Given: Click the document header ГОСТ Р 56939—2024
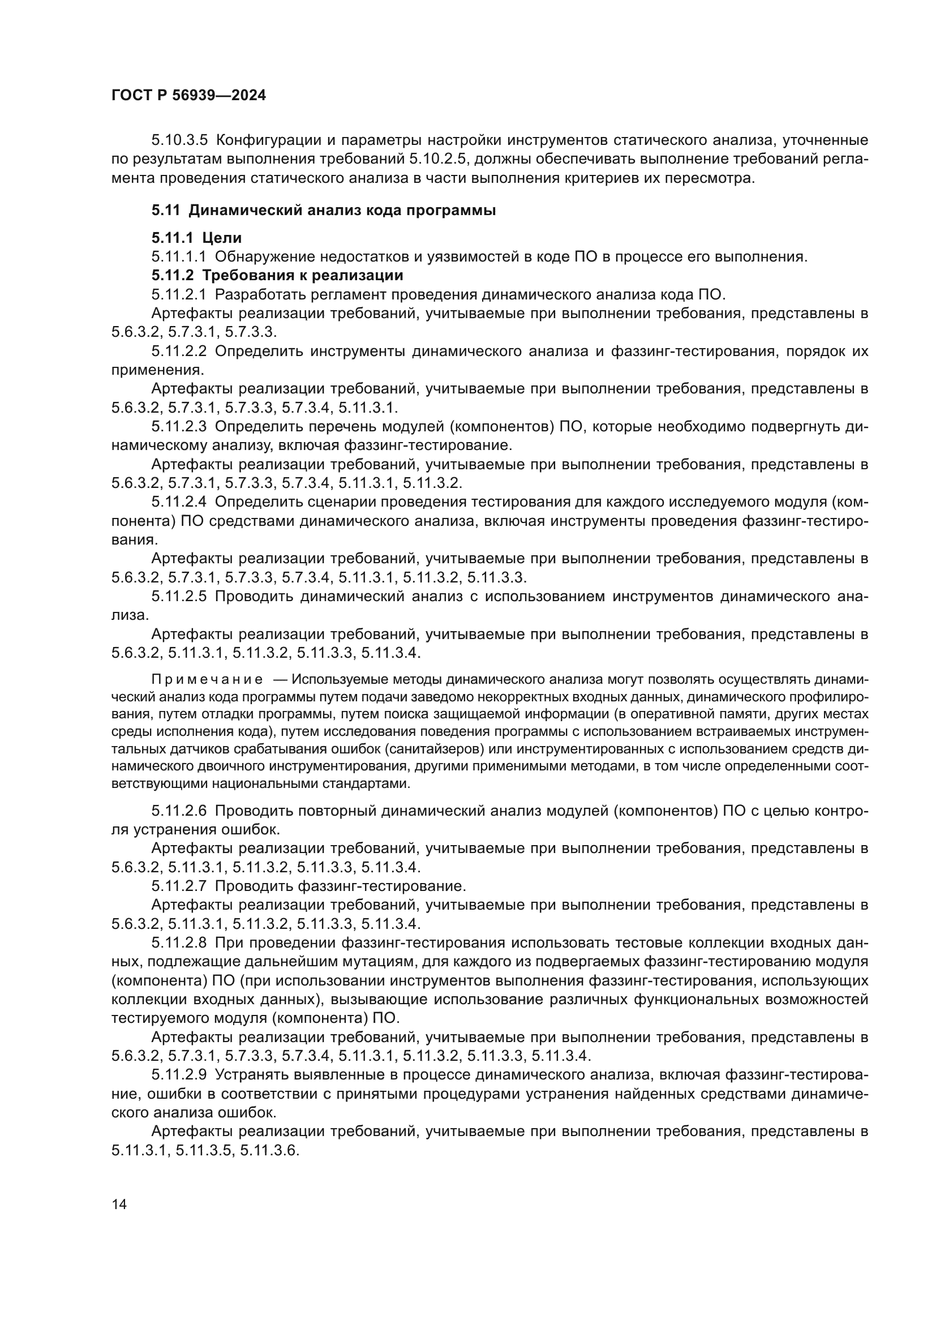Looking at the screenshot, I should [x=188, y=96].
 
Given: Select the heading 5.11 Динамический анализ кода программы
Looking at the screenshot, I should [x=323, y=211].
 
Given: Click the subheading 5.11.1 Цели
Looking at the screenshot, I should [x=196, y=238].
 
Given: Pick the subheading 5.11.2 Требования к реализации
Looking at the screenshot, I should [x=277, y=275].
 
